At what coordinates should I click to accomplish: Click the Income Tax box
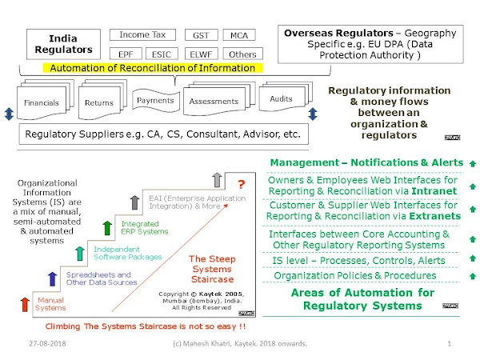[142, 35]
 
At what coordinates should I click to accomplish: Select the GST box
[201, 36]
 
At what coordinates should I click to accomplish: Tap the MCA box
[238, 36]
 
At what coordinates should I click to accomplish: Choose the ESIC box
[162, 54]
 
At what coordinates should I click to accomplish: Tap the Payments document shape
[155, 100]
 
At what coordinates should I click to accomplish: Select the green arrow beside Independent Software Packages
[80, 253]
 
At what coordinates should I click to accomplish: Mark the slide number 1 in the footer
[449, 344]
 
